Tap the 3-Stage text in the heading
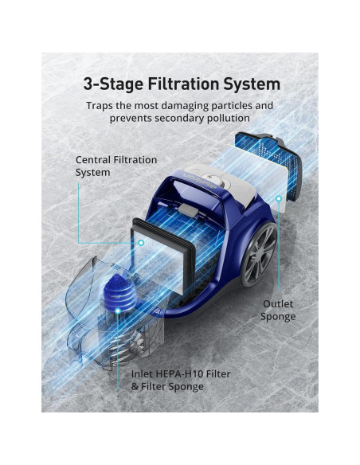(x=113, y=84)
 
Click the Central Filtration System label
(x=116, y=166)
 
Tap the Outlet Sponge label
(x=278, y=311)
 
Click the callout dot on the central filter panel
(x=142, y=243)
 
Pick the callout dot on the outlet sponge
(x=278, y=198)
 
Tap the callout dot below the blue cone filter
(x=118, y=311)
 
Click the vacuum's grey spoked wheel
(x=259, y=256)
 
